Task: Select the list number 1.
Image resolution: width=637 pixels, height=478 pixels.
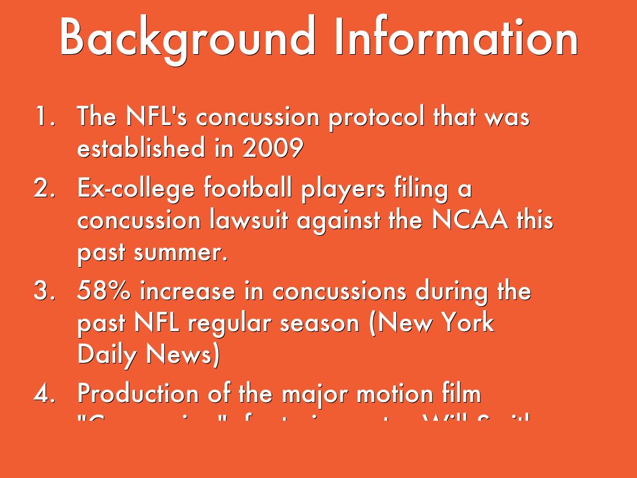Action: pyautogui.click(x=45, y=117)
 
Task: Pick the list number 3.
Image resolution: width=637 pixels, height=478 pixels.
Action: pyautogui.click(x=45, y=291)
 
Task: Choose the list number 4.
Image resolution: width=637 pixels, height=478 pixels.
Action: pyautogui.click(x=45, y=393)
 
